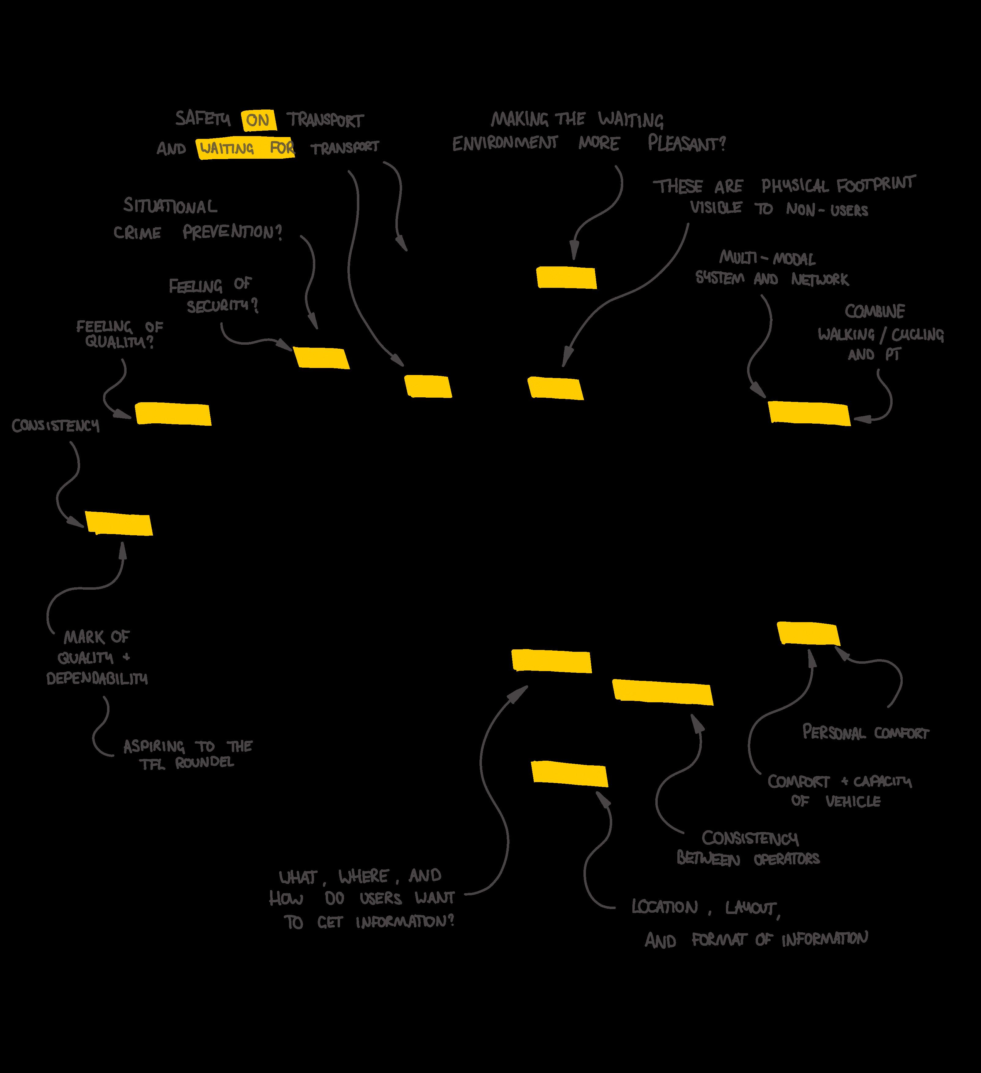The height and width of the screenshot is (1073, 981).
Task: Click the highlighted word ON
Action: pyautogui.click(x=258, y=120)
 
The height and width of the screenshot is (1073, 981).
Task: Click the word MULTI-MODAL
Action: pyautogui.click(x=767, y=259)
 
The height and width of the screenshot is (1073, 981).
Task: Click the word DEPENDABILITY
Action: pyautogui.click(x=97, y=679)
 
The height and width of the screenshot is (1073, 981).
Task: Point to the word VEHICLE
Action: pyautogui.click(x=853, y=801)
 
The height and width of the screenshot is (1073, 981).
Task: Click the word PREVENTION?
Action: pyautogui.click(x=232, y=232)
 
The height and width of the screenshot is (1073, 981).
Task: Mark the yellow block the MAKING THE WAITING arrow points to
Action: pyautogui.click(x=566, y=277)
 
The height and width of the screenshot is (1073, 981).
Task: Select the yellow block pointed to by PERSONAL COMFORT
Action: pyautogui.click(x=808, y=633)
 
